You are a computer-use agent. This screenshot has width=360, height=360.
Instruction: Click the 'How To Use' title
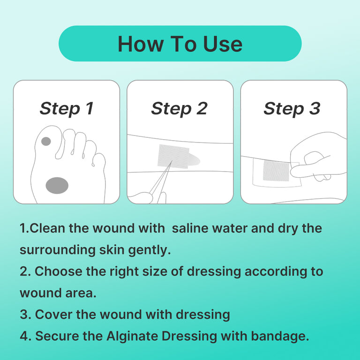point(180,44)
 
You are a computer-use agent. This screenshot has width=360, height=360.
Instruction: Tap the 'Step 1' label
point(66,109)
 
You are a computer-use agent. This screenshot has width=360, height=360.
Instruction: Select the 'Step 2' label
point(179,109)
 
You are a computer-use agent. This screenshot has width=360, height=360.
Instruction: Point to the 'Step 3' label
point(292,109)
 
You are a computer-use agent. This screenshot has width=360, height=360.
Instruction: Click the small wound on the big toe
point(46,141)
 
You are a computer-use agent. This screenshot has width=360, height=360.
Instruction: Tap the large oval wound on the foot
point(57,185)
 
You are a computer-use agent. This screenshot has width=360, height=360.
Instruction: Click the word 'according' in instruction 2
point(276,271)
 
